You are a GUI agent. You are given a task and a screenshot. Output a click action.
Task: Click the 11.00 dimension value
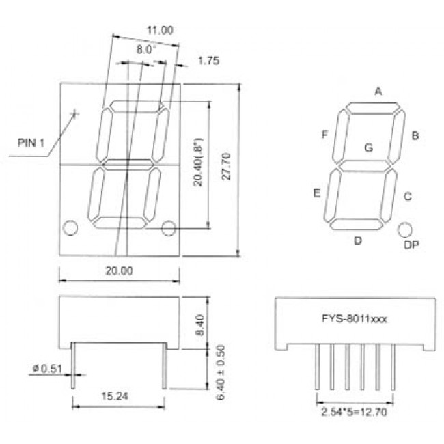click(160, 30)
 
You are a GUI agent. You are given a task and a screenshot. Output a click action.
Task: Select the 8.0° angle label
click(145, 50)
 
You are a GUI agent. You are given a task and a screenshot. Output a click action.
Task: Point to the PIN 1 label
click(31, 143)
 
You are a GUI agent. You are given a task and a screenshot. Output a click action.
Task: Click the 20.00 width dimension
click(119, 270)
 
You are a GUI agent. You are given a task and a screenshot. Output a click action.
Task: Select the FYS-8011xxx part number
click(355, 318)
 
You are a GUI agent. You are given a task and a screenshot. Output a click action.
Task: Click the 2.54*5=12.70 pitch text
click(355, 413)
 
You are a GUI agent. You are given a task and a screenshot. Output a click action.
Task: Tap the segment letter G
click(368, 147)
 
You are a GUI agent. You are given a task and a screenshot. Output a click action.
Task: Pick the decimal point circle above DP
click(406, 229)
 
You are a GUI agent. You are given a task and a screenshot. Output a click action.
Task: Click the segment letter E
click(317, 193)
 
